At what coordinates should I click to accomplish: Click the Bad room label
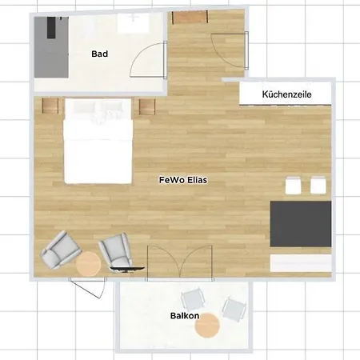tap(100, 54)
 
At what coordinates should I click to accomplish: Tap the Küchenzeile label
tap(286, 94)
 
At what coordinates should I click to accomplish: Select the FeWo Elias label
tap(183, 180)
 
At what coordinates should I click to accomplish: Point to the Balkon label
tap(185, 316)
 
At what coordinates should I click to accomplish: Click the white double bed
tap(98, 142)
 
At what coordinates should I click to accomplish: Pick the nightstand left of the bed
tap(50, 106)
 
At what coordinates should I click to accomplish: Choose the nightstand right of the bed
tap(147, 106)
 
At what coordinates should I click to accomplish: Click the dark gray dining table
tap(301, 224)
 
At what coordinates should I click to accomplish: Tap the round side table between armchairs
tap(88, 264)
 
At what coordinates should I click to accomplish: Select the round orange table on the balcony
tap(207, 326)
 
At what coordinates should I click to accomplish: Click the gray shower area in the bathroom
tap(51, 47)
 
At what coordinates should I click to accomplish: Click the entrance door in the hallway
tap(229, 50)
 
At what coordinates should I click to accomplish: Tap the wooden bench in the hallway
tap(190, 18)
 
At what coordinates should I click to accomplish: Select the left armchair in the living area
tap(60, 250)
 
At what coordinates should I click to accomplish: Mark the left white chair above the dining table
tap(293, 185)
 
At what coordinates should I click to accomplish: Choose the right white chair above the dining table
tap(318, 185)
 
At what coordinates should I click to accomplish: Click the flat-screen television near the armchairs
tap(127, 270)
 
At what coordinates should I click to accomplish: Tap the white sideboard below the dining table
tap(301, 263)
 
